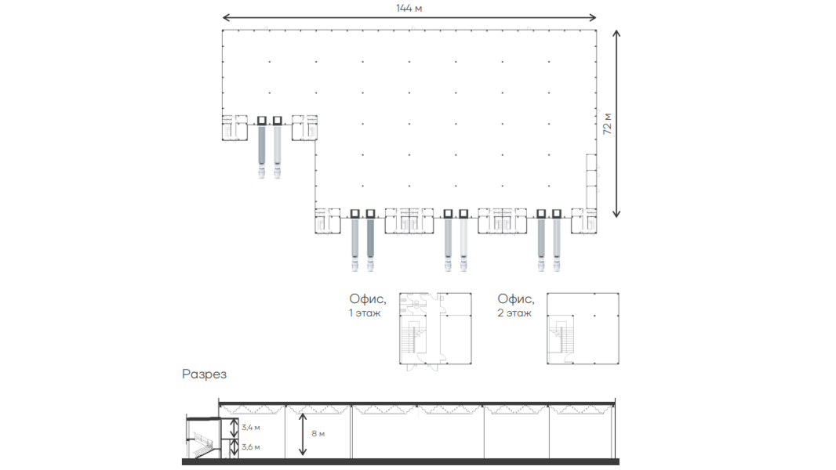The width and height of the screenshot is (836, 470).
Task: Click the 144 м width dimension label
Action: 409,9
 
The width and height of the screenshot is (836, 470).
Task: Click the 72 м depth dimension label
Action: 607,124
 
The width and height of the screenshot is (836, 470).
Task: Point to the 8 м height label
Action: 318,434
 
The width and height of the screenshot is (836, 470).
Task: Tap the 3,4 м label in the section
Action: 251,428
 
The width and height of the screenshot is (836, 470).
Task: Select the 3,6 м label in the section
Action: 251,447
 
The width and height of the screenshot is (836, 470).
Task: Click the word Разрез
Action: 204,374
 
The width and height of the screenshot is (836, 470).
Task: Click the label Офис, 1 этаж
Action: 367,305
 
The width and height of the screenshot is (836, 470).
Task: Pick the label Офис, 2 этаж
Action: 515,305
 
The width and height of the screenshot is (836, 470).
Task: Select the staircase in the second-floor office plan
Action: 556,336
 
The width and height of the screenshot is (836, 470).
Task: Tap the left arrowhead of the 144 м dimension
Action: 226,17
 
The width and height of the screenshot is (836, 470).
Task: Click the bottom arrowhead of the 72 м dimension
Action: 616,214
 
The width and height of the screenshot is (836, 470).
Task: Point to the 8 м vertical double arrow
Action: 302,434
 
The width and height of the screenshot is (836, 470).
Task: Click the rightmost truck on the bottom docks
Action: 557,245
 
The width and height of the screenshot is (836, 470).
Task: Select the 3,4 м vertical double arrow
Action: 234,428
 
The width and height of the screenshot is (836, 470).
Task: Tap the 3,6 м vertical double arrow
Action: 234,448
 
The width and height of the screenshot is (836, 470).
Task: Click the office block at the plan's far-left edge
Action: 234,128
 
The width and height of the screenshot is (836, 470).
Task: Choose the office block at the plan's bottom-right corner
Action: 583,221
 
